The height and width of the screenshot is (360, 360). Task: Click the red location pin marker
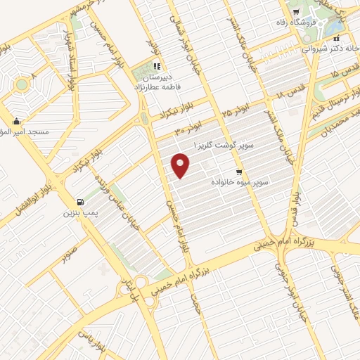tap(181, 166)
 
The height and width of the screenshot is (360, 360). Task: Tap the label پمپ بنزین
tap(79, 212)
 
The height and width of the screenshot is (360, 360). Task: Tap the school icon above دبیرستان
tap(155, 67)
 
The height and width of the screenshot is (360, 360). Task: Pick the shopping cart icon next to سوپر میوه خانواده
tap(239, 172)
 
